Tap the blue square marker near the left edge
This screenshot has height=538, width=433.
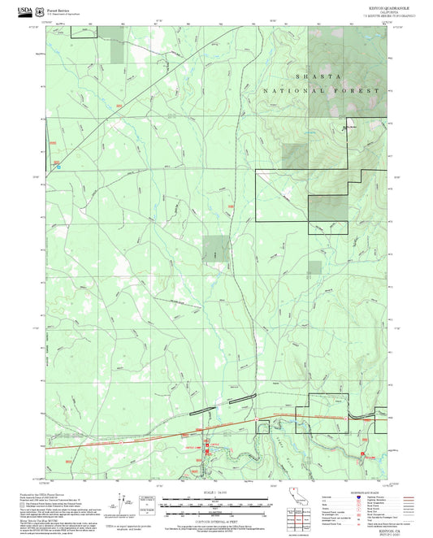[x=58, y=167]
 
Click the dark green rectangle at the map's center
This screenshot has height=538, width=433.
[x=214, y=248]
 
